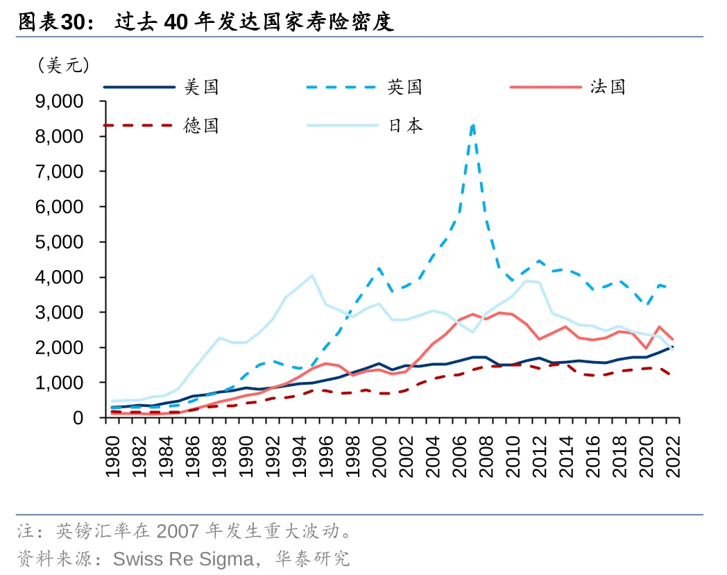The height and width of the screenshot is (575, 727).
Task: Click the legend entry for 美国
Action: (201, 87)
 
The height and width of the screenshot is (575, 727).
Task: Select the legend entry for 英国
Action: (404, 87)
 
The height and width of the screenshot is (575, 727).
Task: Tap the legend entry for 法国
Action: (608, 87)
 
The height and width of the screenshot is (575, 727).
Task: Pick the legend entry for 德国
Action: (201, 126)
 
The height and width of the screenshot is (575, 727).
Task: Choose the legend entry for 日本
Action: (404, 126)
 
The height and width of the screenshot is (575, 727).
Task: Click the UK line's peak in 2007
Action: (472, 125)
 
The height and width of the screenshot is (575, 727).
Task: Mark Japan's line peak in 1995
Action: (312, 275)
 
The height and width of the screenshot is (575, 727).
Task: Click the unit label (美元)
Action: (64, 66)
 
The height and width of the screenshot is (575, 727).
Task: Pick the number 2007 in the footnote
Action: (178, 532)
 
